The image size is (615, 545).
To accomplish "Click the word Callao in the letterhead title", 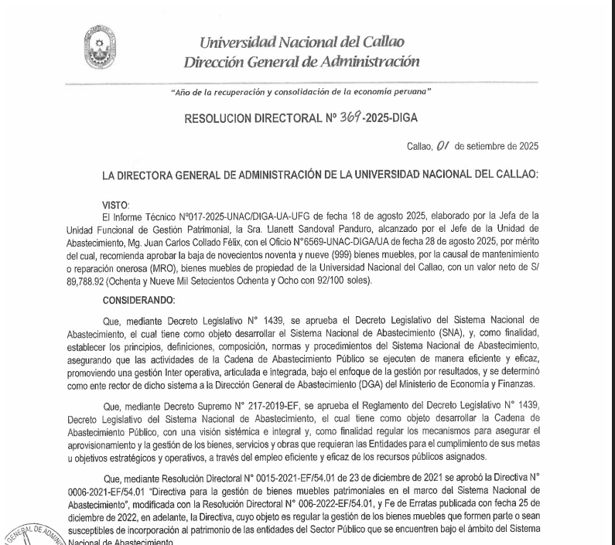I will point(381,41).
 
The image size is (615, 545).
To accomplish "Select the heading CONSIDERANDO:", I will point(133,299).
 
